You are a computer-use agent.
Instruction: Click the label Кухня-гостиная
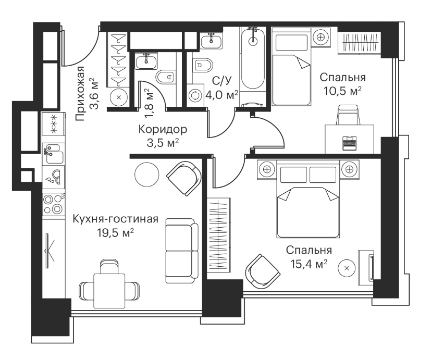pos(115,219)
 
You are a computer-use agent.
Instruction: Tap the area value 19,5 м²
pos(115,233)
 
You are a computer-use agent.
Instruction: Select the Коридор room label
pos(163,129)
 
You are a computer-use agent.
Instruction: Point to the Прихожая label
pos(81,94)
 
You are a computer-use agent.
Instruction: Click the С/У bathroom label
pos(221,81)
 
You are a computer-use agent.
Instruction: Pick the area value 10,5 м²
pos(342,91)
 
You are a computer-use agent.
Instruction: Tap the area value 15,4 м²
pos(309,264)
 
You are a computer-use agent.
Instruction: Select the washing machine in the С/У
pos(195,95)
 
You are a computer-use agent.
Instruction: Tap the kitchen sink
pos(54,154)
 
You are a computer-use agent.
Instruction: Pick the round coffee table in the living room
pos(146,175)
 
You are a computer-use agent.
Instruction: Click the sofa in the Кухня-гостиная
pos(182,251)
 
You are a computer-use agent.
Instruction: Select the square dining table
pos(109,291)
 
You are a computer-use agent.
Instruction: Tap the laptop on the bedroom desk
pos(349,143)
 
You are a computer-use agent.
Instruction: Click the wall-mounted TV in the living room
pos(48,250)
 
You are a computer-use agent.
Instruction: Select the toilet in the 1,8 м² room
pos(165,77)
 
